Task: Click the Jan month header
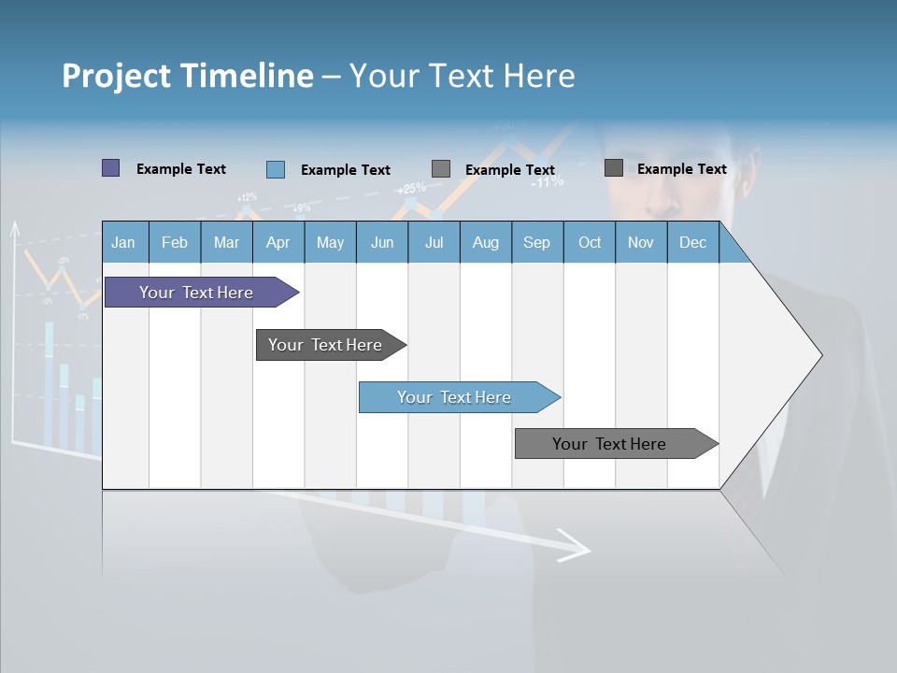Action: (123, 242)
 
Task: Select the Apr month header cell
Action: (278, 242)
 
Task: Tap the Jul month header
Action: (434, 242)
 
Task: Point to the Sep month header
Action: (536, 242)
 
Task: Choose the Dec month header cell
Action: (692, 242)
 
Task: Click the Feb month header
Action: (175, 242)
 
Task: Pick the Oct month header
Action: (590, 242)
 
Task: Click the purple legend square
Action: (110, 168)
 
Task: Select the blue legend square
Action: (276, 169)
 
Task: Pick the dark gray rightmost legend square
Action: (614, 168)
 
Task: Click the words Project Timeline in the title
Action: (187, 76)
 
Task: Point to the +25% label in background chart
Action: (411, 188)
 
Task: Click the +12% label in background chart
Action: (247, 197)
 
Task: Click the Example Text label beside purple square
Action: (181, 169)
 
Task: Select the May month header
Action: (330, 242)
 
